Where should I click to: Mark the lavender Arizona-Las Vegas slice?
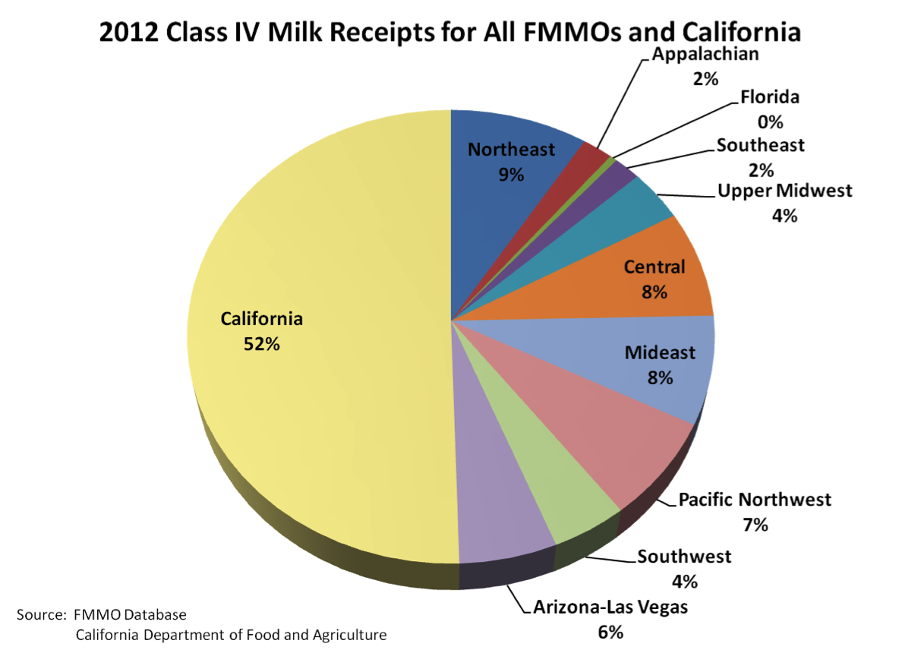pos(501,516)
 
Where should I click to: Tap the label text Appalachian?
pos(705,53)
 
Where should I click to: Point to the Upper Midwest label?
pos(785,190)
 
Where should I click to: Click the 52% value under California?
pos(262,344)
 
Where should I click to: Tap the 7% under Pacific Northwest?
pos(755,524)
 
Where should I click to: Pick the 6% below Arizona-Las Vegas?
pos(610,632)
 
